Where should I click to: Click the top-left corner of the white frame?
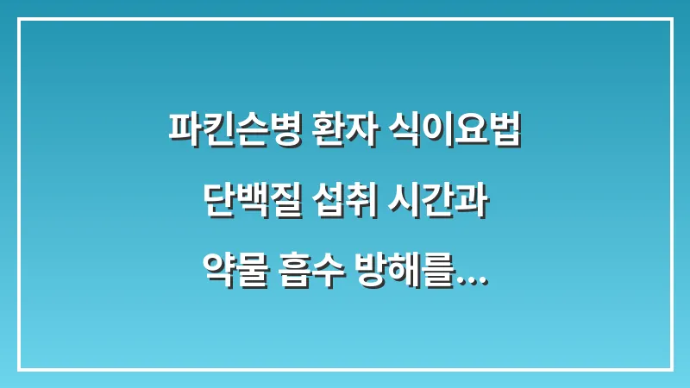19,19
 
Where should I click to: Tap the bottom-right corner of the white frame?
671,369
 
